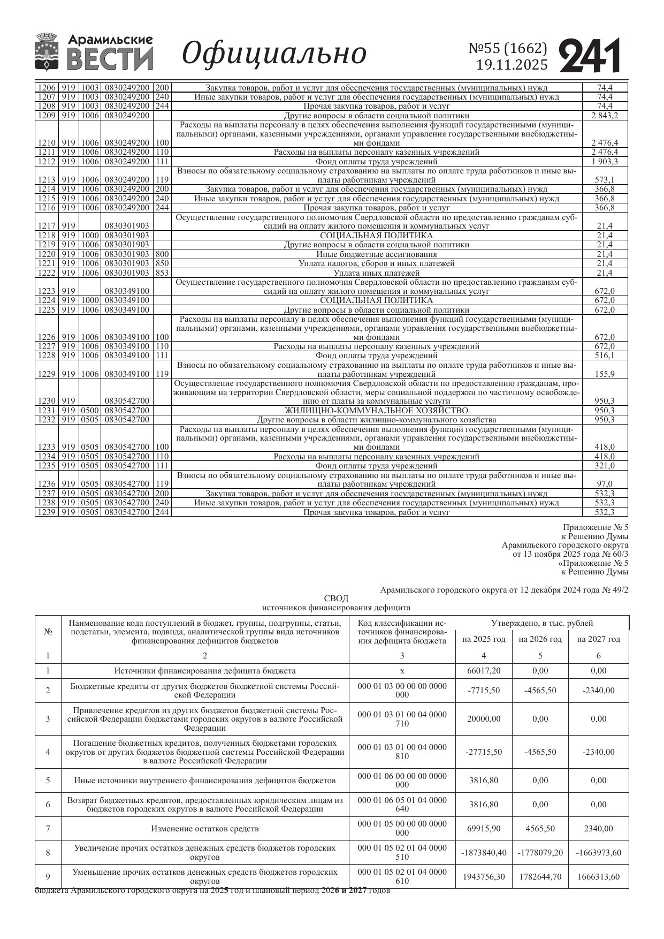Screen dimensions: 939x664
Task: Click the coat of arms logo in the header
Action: (47, 51)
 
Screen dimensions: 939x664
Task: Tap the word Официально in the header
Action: (274, 54)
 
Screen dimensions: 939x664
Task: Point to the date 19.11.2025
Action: (512, 65)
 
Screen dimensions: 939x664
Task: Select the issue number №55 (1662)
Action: (508, 49)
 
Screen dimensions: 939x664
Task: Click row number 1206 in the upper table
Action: (47, 88)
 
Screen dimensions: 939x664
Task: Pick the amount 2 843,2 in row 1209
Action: (605, 116)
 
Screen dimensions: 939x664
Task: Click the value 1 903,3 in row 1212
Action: (605, 162)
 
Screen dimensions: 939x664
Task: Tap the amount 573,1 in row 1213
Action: (605, 180)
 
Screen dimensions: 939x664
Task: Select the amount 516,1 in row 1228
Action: (605, 355)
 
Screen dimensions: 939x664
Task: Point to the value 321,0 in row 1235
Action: (605, 466)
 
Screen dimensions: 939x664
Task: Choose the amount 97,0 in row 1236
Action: (605, 484)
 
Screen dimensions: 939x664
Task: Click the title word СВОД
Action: (336, 598)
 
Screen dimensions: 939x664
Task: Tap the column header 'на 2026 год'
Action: (540, 639)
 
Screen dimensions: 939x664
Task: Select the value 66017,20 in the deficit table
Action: (484, 671)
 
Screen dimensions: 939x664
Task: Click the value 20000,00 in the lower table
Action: (484, 719)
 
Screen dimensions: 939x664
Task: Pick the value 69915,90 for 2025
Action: (484, 829)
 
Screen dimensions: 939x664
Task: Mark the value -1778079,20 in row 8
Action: (540, 853)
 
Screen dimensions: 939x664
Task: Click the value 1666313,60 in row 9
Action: (598, 876)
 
